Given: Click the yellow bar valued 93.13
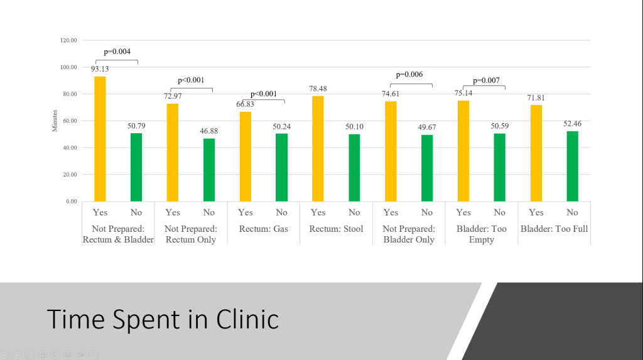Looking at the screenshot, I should click(100, 138).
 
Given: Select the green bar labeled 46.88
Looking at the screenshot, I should click(208, 170).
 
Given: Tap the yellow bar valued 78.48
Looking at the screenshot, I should click(318, 148).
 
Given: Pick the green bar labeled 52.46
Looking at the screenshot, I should click(572, 166).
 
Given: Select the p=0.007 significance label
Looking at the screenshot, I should click(487, 80).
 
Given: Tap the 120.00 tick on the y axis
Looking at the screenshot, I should click(68, 40).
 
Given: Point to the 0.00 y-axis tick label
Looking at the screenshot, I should click(70, 202).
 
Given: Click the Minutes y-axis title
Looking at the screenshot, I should click(55, 121).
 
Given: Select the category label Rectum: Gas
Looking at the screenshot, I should click(264, 229).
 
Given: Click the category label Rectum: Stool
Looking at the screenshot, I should click(336, 229).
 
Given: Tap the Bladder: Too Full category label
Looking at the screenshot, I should click(554, 229).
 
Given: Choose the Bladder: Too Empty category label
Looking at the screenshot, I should click(482, 234).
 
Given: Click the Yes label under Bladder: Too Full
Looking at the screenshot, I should click(536, 212).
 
